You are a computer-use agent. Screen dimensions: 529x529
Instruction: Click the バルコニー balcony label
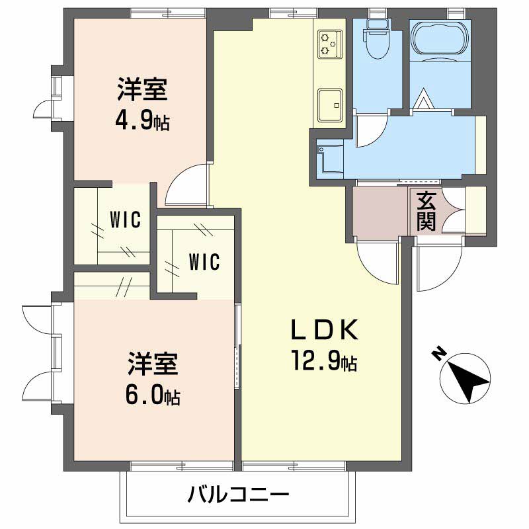(x=237, y=494)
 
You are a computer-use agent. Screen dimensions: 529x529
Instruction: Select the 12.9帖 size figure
(x=323, y=361)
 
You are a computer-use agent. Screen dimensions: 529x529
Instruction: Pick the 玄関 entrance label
(x=427, y=211)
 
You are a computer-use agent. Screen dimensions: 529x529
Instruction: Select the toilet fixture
(x=378, y=40)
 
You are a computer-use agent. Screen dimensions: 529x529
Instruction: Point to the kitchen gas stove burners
(x=329, y=42)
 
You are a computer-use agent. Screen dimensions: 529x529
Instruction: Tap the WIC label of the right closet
(x=204, y=262)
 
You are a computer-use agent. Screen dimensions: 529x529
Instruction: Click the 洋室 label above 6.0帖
(x=153, y=364)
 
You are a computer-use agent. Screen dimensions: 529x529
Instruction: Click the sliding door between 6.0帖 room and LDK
(x=237, y=344)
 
